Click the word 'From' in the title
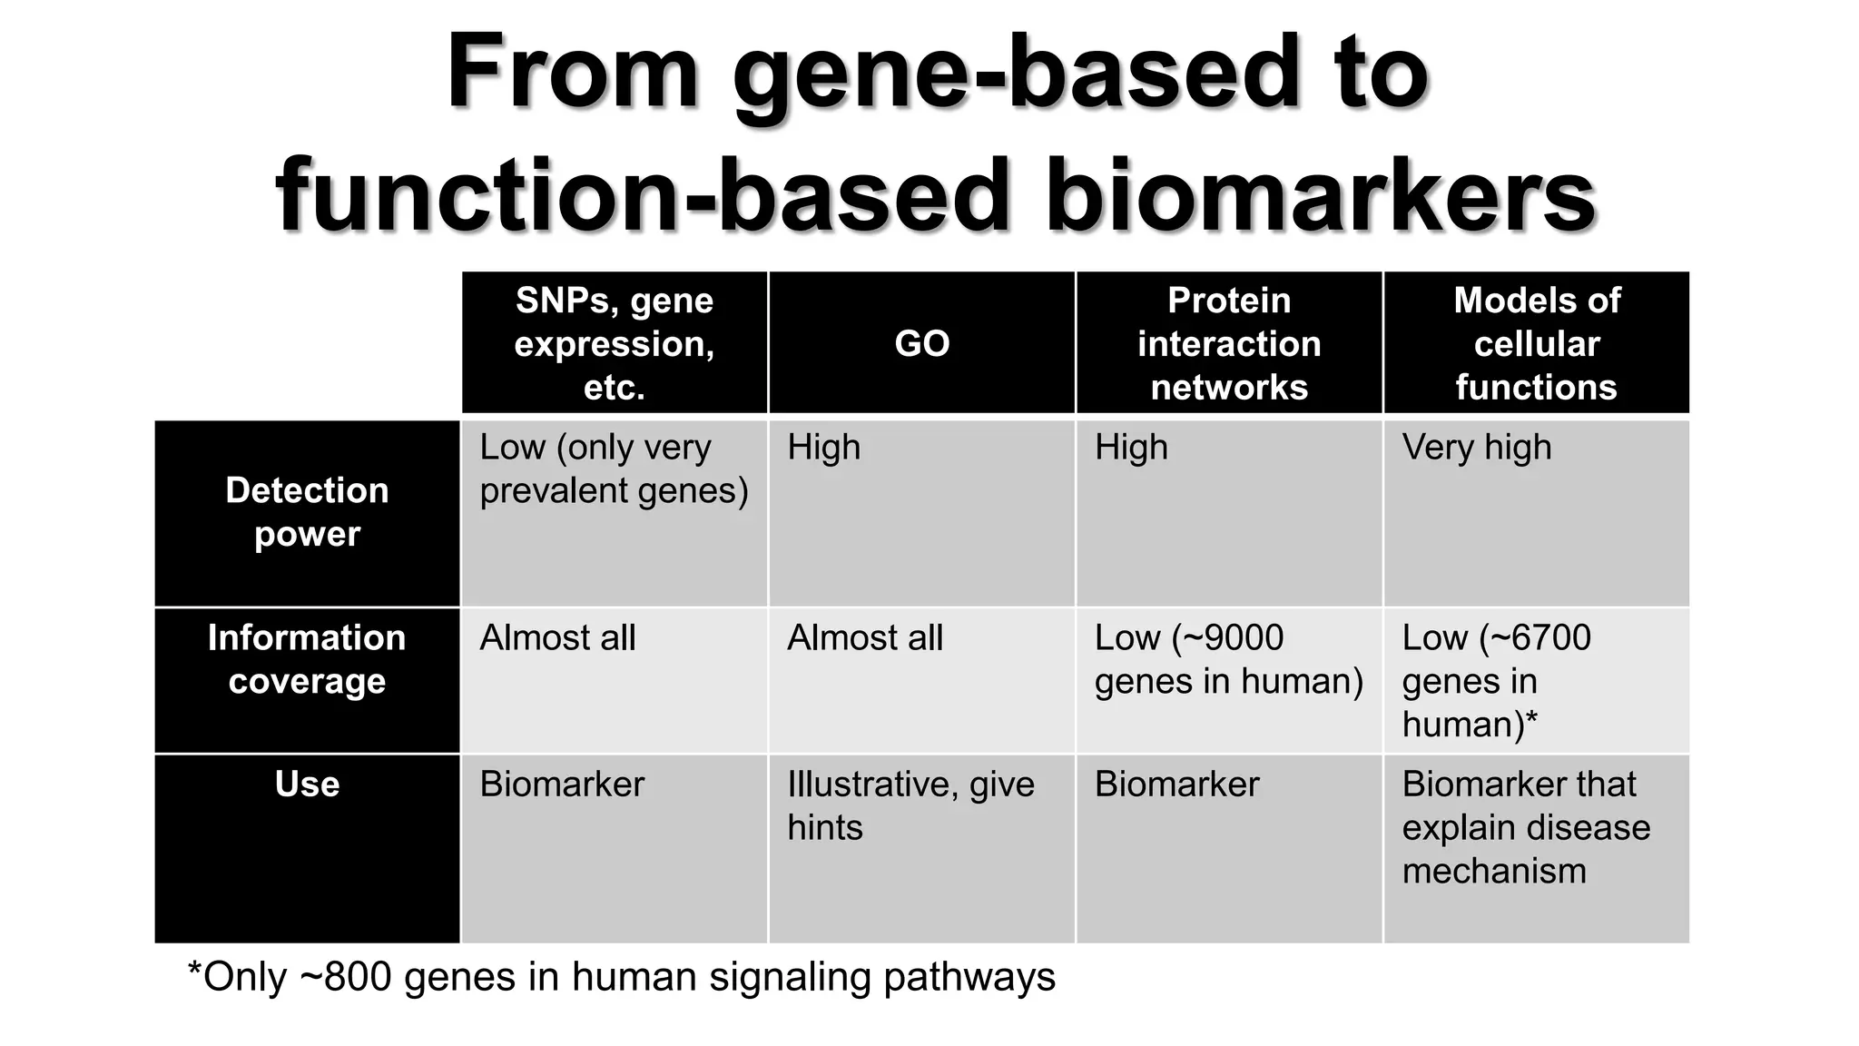(x=572, y=73)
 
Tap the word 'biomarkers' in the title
(x=1320, y=196)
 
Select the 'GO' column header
(x=921, y=343)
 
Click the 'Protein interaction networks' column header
(x=1228, y=343)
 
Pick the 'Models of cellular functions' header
(x=1536, y=343)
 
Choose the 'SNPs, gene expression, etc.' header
(x=615, y=343)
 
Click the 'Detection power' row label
(x=307, y=512)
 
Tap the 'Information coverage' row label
(x=307, y=659)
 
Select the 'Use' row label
(x=307, y=784)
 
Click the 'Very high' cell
(x=1477, y=448)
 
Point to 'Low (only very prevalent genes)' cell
(x=614, y=469)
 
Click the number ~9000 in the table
(x=1238, y=638)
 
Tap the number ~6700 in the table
(x=1545, y=638)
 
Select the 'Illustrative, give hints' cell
(x=910, y=805)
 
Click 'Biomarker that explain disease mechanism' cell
(x=1525, y=827)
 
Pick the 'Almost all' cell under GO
(x=865, y=638)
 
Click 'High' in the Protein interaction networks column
(x=1131, y=448)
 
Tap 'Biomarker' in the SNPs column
(x=562, y=784)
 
